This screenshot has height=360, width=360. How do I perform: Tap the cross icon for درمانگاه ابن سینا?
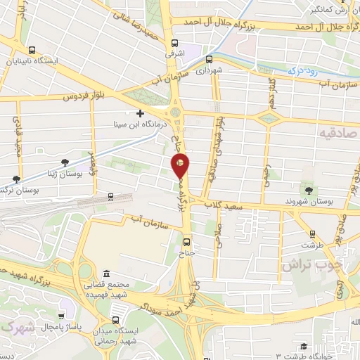140,113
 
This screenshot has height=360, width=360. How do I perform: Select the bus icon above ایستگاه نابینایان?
32,50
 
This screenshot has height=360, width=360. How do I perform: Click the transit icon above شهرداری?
210,59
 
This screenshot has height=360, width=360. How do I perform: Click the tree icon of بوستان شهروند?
307,190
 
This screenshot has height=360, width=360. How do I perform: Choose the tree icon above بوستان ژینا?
65,162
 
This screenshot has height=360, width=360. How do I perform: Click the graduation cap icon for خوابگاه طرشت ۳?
303,346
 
